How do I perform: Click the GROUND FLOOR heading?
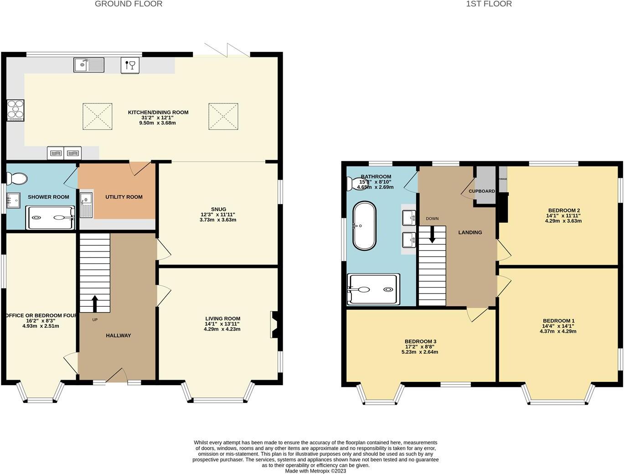[x=129, y=4]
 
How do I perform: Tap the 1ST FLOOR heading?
[x=489, y=4]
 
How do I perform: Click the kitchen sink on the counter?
[x=89, y=65]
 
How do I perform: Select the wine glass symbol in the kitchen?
[x=130, y=65]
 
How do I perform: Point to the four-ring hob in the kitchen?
[x=15, y=110]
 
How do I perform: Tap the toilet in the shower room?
[x=18, y=179]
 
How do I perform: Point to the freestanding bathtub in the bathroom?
[x=364, y=225]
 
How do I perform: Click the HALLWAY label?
[x=119, y=335]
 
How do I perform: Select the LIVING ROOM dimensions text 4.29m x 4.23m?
[x=222, y=329]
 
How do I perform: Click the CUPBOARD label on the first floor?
[x=482, y=191]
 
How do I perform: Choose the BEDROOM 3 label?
[x=420, y=341]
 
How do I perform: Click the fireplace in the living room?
[x=275, y=325]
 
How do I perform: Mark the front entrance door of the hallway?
[x=117, y=376]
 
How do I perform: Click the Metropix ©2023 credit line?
[x=315, y=471]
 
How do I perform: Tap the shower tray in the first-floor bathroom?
[x=373, y=289]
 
